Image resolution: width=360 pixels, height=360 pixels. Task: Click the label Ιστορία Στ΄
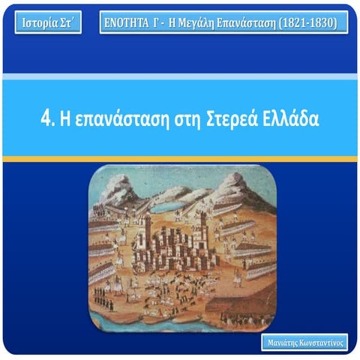pyautogui.click(x=47, y=22)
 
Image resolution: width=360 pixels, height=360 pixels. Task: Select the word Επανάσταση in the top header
pyautogui.click(x=262, y=22)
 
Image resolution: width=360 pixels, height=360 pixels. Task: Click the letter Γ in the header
pyautogui.click(x=165, y=22)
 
